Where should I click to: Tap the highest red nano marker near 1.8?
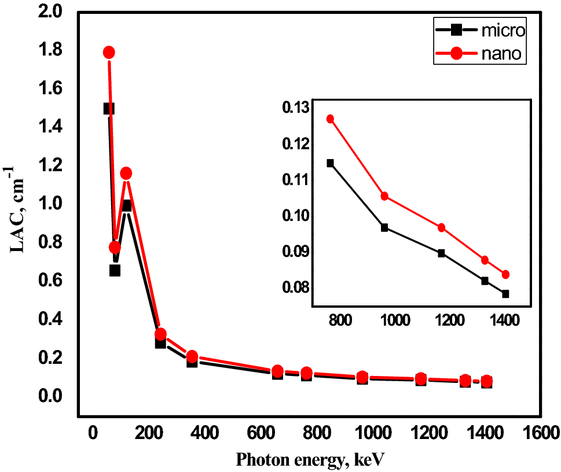click(108, 53)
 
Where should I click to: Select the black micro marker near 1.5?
click(108, 109)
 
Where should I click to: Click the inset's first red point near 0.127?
click(331, 119)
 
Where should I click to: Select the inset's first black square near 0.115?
click(331, 163)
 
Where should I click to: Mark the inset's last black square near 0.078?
click(505, 294)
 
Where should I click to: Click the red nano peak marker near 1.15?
click(126, 174)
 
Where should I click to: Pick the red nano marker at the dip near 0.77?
click(115, 248)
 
